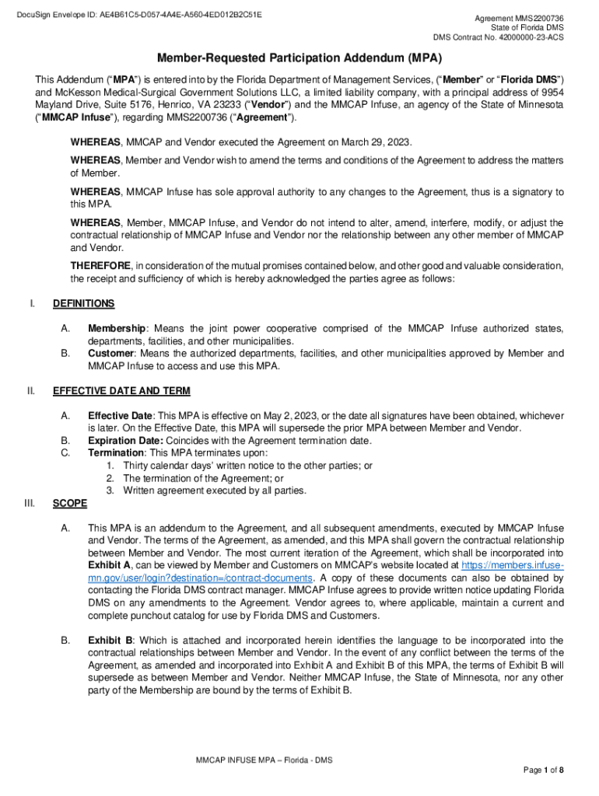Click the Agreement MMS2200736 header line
(520, 18)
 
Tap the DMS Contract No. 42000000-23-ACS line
(498, 37)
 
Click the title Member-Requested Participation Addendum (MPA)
(299, 58)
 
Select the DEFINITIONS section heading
(83, 303)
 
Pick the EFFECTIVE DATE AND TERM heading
(121, 390)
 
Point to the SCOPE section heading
(70, 503)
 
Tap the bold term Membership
(116, 329)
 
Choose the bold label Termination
(116, 453)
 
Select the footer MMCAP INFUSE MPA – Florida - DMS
(264, 759)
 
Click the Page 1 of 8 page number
(543, 770)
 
